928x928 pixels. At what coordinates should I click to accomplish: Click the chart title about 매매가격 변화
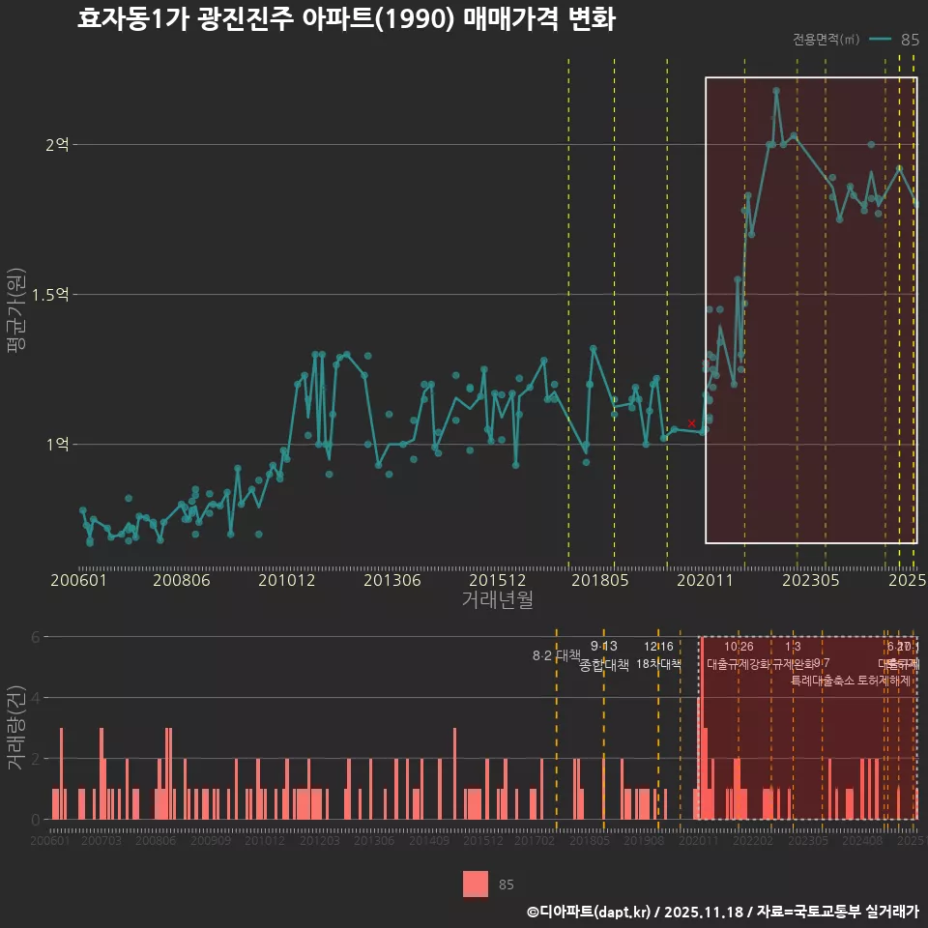(x=346, y=20)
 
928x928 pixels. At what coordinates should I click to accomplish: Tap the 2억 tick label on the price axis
(x=57, y=145)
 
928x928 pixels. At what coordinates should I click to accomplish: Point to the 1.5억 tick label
(x=50, y=295)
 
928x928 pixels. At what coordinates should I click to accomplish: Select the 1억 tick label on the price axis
(x=57, y=445)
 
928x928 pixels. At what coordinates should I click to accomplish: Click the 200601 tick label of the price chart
(x=78, y=581)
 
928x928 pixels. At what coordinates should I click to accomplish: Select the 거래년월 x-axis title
(x=497, y=601)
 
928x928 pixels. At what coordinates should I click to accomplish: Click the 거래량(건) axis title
(x=16, y=728)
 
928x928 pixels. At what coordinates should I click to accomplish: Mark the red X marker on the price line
(x=692, y=423)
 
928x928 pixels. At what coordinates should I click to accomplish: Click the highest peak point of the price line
(x=776, y=91)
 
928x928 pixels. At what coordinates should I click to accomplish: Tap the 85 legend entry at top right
(x=909, y=40)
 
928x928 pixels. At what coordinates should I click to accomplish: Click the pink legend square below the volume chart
(x=476, y=884)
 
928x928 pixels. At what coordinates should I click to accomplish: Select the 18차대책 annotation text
(x=658, y=664)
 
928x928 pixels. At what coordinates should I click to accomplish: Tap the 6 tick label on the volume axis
(x=36, y=637)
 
